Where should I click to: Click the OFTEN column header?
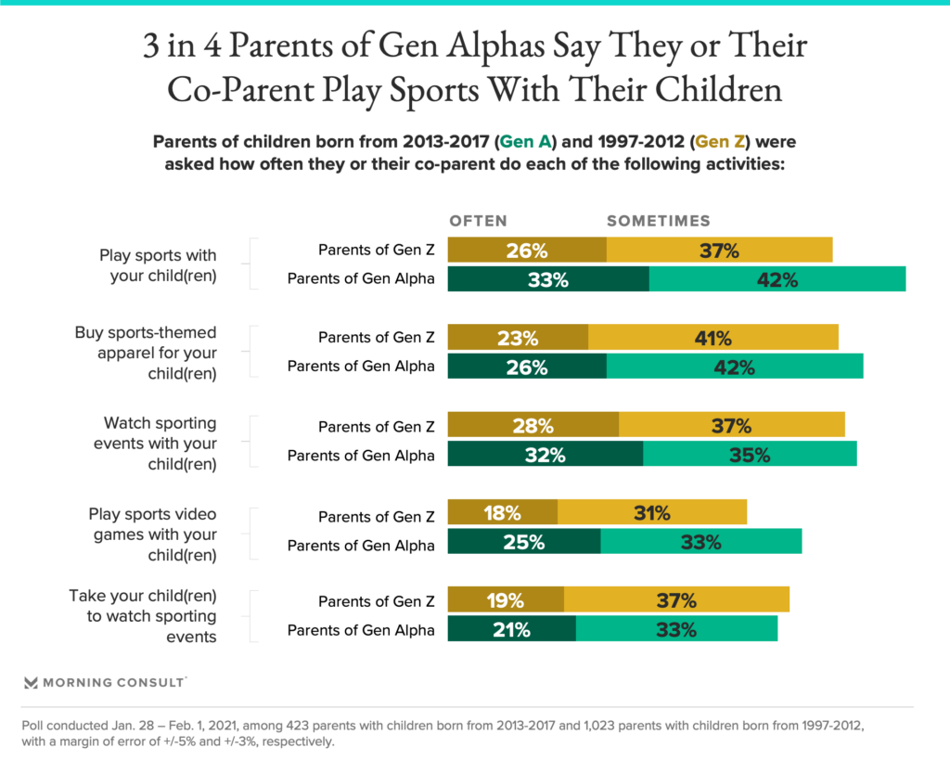coord(478,221)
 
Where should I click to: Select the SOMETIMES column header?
coord(658,221)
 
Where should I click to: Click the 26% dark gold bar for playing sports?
coord(527,250)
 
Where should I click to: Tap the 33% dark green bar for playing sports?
coord(548,278)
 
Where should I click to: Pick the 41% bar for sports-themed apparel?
coord(713,337)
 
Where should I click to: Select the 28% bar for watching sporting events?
coord(533,426)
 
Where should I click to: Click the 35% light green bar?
coord(750,455)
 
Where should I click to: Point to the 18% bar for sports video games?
coord(503,513)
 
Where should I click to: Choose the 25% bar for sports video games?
coord(524,542)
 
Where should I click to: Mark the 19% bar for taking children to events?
coord(506,600)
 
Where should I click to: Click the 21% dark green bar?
coord(511,629)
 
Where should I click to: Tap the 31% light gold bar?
coord(652,513)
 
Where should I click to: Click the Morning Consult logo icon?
coord(31,682)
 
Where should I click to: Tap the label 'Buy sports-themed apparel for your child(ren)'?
coord(146,353)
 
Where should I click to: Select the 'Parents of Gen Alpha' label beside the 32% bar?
coord(361,456)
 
